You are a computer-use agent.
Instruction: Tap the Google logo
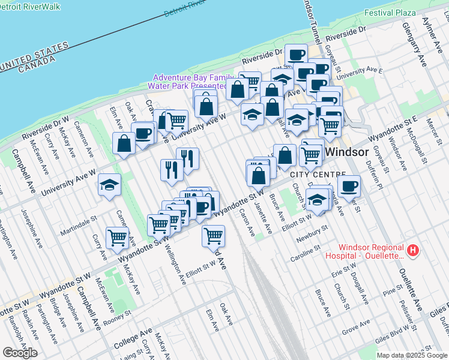pos(20,352)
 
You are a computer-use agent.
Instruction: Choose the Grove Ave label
pos(355,327)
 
